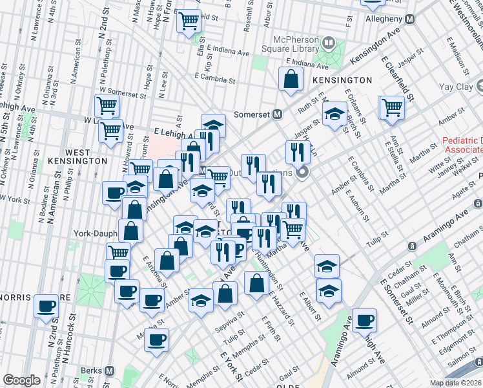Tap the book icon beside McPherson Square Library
click(329, 44)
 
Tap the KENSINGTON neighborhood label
click(342, 80)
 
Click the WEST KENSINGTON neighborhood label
click(77, 156)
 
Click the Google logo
click(21, 380)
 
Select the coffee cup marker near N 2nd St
click(46, 307)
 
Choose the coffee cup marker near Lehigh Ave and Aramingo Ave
click(364, 319)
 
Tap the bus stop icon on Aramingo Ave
click(411, 246)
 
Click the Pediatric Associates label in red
click(462, 145)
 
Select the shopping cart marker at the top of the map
click(189, 21)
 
